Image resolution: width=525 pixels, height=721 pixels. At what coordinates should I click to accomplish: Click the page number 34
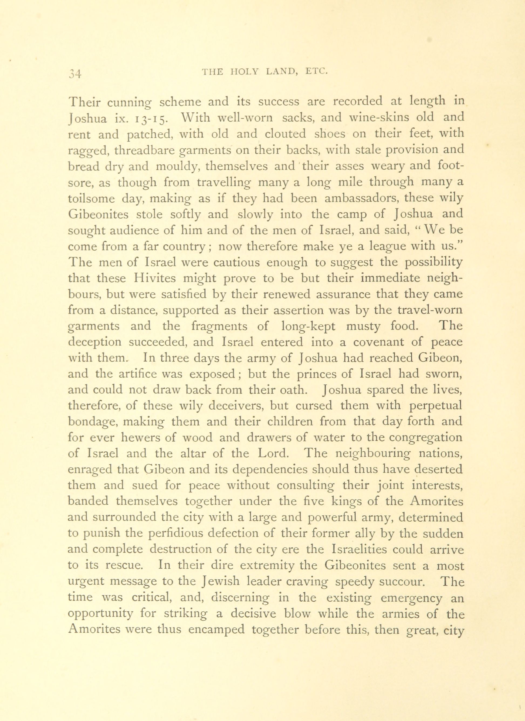click(76, 74)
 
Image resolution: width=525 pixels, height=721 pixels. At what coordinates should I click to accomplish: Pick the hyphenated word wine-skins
click(377, 118)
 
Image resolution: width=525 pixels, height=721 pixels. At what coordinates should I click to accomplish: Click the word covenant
click(380, 343)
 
